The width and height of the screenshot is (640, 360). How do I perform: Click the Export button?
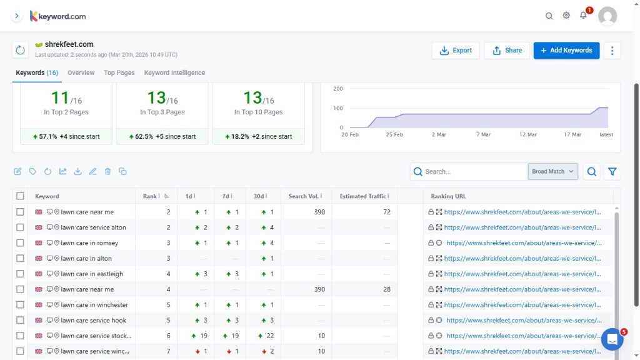click(456, 51)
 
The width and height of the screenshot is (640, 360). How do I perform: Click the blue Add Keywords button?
click(566, 51)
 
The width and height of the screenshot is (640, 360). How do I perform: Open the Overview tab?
click(81, 73)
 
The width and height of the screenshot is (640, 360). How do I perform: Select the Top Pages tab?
click(119, 73)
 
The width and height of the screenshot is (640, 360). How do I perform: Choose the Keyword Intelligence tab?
click(174, 73)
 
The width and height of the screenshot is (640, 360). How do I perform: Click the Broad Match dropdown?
click(552, 172)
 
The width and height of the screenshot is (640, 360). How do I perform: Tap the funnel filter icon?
click(612, 172)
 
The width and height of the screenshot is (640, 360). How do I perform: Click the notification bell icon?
click(583, 16)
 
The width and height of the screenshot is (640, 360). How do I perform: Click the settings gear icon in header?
click(566, 16)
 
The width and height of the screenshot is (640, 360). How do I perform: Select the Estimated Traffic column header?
click(362, 196)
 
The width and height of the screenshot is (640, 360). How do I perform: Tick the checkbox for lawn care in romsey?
click(21, 243)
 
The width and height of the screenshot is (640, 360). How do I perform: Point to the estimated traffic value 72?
click(386, 212)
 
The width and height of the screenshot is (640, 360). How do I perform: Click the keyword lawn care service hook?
click(93, 321)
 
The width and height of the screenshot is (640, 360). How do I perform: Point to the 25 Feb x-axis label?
click(394, 135)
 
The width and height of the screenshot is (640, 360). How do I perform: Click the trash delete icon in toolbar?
click(107, 171)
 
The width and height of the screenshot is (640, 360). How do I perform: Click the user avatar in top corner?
click(607, 16)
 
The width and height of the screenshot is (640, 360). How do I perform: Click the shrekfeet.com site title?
click(69, 44)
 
